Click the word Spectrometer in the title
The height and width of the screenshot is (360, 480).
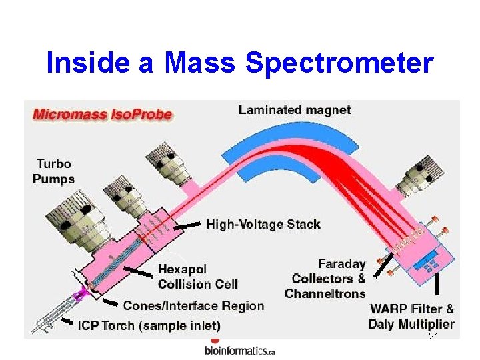(339, 64)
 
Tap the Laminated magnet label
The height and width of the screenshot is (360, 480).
(294, 110)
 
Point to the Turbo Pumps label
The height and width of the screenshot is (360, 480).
(54, 171)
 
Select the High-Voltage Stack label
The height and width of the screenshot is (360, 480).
(263, 224)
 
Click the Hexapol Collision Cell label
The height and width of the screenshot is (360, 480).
(197, 277)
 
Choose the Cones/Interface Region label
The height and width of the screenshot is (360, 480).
(193, 306)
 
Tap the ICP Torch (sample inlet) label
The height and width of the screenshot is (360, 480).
(149, 326)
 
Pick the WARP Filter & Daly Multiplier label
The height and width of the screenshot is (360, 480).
(411, 317)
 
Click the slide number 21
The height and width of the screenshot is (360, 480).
(433, 337)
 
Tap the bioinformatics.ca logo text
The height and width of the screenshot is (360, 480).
(239, 351)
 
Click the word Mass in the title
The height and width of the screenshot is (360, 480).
(199, 64)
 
